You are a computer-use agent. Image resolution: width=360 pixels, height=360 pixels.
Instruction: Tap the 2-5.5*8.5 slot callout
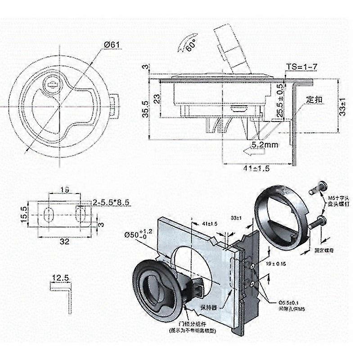click(x=111, y=203)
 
